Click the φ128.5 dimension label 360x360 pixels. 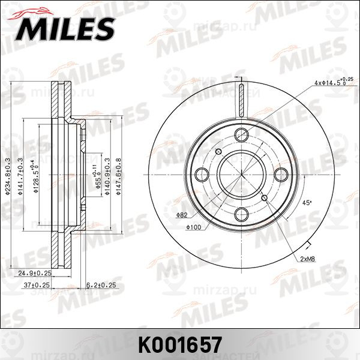[x=37, y=175]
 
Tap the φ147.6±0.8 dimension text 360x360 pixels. [x=118, y=175]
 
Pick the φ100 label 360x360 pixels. [x=193, y=226]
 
